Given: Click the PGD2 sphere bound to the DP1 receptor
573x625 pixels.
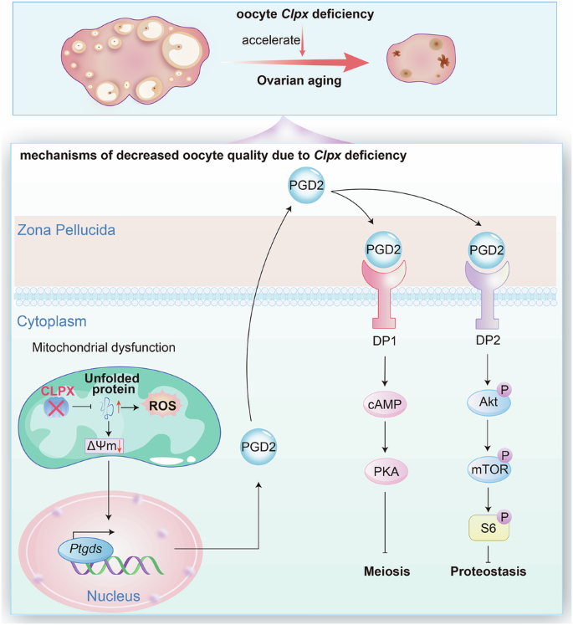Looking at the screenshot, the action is pyautogui.click(x=383, y=249).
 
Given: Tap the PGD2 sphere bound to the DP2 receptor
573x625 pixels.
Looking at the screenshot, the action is pyautogui.click(x=487, y=250).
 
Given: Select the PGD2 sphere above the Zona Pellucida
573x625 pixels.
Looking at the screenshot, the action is pyautogui.click(x=306, y=186).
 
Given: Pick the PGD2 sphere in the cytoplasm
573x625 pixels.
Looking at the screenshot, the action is pyautogui.click(x=258, y=447).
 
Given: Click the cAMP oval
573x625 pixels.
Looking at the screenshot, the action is pyautogui.click(x=385, y=404).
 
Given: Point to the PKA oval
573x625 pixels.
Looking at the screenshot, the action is pyautogui.click(x=386, y=472).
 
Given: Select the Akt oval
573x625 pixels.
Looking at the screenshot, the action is pyautogui.click(x=489, y=402).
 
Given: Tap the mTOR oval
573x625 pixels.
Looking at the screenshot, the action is pyautogui.click(x=489, y=469).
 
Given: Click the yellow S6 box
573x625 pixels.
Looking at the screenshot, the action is pyautogui.click(x=489, y=528).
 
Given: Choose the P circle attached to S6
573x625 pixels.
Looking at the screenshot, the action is pyautogui.click(x=504, y=517).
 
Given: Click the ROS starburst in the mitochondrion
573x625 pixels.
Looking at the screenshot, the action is pyautogui.click(x=162, y=406).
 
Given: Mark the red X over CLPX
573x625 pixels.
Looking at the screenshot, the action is pyautogui.click(x=56, y=408).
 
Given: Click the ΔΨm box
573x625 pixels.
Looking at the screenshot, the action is pyautogui.click(x=105, y=446).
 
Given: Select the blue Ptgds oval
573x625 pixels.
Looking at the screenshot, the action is pyautogui.click(x=85, y=550).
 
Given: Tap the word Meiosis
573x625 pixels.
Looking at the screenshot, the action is pyautogui.click(x=386, y=571).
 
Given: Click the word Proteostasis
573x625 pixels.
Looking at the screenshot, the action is pyautogui.click(x=489, y=571).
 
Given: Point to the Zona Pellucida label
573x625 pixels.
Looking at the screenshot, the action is pyautogui.click(x=66, y=230).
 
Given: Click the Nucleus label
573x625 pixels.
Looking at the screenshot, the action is pyautogui.click(x=114, y=596).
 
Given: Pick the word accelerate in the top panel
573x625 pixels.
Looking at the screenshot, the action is pyautogui.click(x=271, y=40).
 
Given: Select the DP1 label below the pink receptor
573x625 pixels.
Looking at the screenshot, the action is pyautogui.click(x=384, y=341).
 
